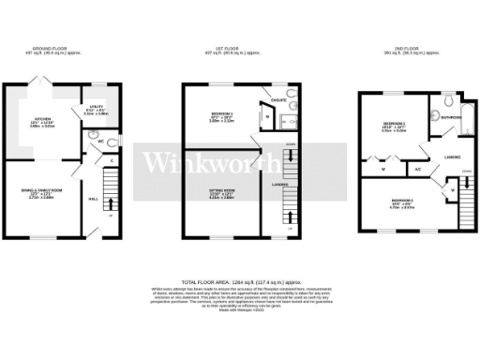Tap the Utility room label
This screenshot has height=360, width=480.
point(95,108)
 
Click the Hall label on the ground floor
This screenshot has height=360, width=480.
point(94,199)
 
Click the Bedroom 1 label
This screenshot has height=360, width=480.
point(223,112)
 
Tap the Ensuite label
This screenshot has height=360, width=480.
point(277,97)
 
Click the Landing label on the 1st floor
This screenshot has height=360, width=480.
point(278,185)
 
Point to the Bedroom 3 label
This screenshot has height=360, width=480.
point(395,124)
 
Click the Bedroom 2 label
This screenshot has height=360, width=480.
point(403,201)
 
